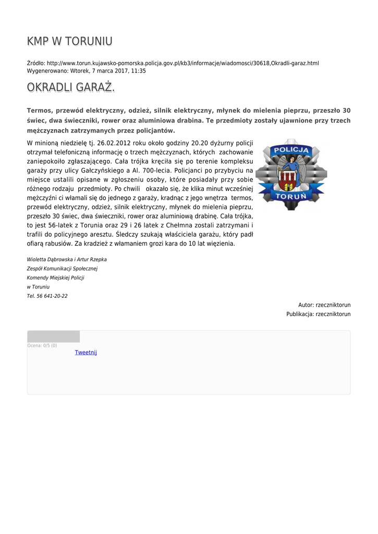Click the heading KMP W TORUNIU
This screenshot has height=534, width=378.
pos(69,42)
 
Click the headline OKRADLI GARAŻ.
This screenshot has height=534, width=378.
pos(70,87)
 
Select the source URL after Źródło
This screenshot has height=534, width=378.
pos(182,63)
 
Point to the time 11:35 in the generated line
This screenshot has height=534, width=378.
pos(139,71)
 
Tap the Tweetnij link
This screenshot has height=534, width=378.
pos(86,353)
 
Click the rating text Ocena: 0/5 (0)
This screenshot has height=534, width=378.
pos(42,346)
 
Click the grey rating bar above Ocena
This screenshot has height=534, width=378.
pos(53,336)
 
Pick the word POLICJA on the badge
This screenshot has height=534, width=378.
pos(292,150)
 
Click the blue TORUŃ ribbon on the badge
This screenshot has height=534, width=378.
pos(291,197)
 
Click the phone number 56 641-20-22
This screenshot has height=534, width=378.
pos(52,296)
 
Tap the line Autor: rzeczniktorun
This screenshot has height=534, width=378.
pos(324,305)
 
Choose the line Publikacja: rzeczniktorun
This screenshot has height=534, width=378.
pos(318,314)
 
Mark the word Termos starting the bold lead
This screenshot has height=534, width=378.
pos(40,111)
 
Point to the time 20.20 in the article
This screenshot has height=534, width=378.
pos(201,143)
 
